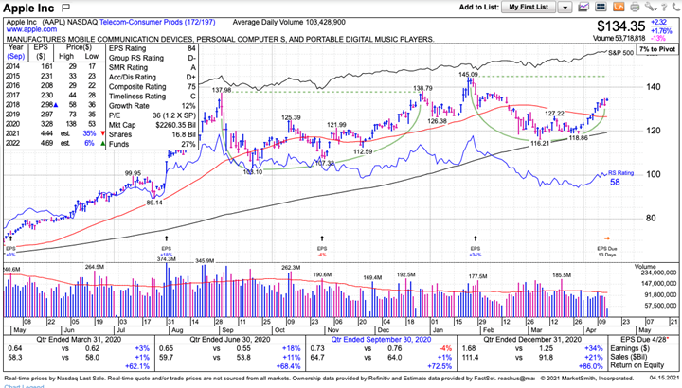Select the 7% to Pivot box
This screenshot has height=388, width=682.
[x=656, y=47]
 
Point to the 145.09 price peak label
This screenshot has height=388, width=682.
[x=468, y=74]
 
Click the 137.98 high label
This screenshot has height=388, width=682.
[x=222, y=90]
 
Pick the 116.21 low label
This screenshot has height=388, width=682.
[x=539, y=143]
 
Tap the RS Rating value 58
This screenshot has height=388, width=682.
[x=614, y=184]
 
